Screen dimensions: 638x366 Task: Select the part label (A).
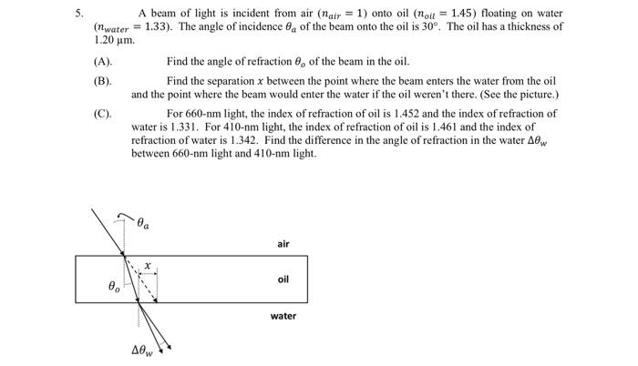(102, 61)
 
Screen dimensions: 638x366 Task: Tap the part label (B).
(102, 81)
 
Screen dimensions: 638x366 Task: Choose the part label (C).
(102, 114)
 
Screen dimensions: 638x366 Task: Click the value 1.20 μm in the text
(116, 41)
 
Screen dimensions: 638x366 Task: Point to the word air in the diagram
(283, 243)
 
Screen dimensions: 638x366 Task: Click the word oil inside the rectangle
(283, 279)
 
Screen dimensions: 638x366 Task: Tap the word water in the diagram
(283, 316)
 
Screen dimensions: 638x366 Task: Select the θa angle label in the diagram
(145, 221)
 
